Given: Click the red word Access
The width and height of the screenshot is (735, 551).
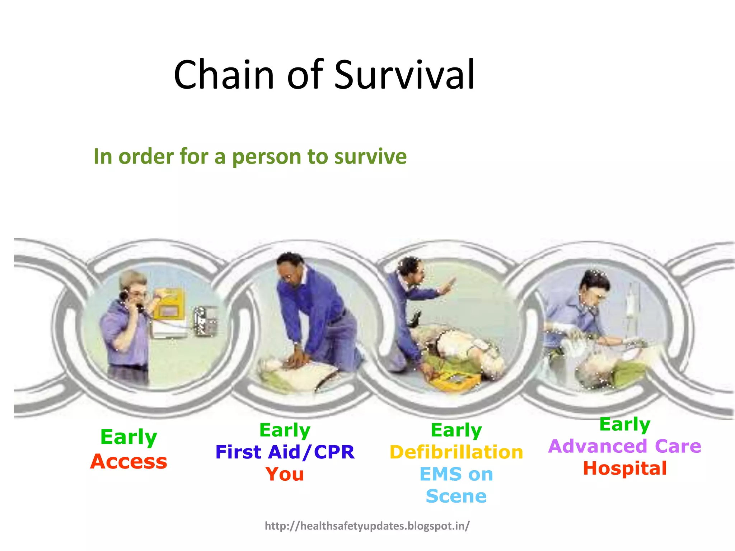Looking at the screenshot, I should tap(128, 461).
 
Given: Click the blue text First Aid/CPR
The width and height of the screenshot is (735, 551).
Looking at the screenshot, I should tap(285, 452).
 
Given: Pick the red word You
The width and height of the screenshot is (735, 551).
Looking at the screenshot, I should tap(285, 474).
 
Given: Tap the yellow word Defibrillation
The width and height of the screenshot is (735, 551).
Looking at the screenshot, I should tap(456, 452).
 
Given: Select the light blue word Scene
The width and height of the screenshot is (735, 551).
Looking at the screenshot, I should tap(456, 496).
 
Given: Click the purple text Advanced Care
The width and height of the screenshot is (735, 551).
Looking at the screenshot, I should tap(624, 446).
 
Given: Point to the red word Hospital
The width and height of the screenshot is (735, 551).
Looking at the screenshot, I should tap(624, 468).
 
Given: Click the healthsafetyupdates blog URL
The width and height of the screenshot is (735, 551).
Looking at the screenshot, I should tap(367, 526).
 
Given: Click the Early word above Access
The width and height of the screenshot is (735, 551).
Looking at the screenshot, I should tap(128, 437).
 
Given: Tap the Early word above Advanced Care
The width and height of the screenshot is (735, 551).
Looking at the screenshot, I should tap(624, 424).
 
